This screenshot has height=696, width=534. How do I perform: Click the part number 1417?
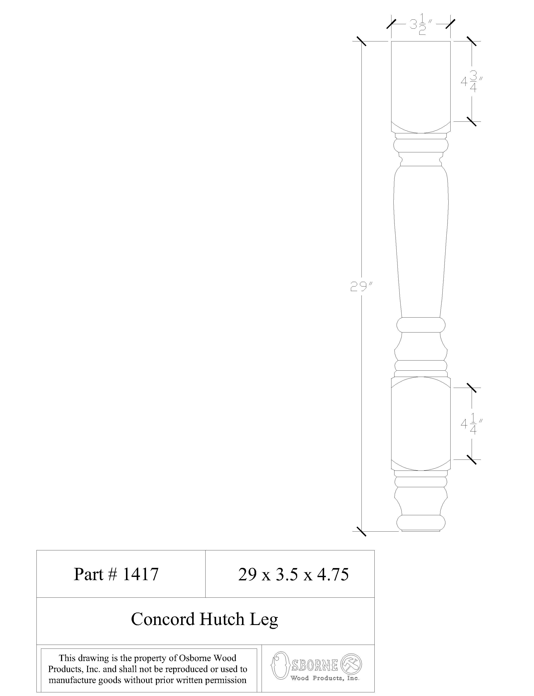[140, 575]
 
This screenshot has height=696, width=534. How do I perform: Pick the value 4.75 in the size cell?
[333, 575]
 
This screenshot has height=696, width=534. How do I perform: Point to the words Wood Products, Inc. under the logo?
[325, 678]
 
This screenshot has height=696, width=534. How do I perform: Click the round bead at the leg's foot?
[421, 522]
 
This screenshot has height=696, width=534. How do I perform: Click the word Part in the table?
[88, 575]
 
